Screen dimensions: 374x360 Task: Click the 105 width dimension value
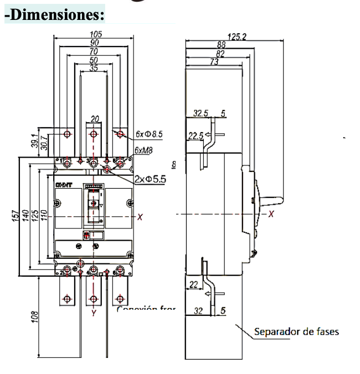pyautogui.click(x=95, y=34)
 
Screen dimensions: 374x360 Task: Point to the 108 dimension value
pyautogui.click(x=35, y=317)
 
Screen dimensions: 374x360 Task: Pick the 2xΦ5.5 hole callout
pyautogui.click(x=150, y=179)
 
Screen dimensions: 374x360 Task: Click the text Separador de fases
pyautogui.click(x=296, y=332)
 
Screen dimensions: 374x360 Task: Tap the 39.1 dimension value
pyautogui.click(x=34, y=141)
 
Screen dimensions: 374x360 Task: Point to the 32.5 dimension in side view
pyautogui.click(x=200, y=113)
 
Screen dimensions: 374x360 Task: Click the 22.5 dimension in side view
pyautogui.click(x=196, y=135)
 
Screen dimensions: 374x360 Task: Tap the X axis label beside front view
pyautogui.click(x=140, y=217)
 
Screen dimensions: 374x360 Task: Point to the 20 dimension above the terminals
pyautogui.click(x=94, y=118)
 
